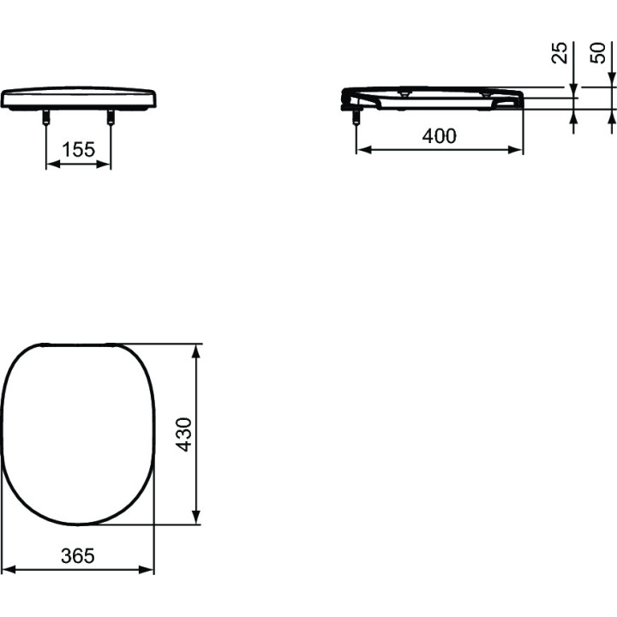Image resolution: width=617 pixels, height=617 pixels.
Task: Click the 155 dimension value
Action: tap(78, 150)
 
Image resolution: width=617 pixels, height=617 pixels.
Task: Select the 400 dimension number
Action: tap(440, 135)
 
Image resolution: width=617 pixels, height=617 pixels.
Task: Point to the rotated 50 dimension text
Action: tap(599, 54)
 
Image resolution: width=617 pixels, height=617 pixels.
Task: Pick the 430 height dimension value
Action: tap(183, 434)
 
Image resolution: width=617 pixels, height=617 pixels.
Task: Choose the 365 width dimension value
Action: tap(79, 555)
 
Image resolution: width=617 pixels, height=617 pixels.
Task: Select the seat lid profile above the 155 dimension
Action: tap(79, 97)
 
